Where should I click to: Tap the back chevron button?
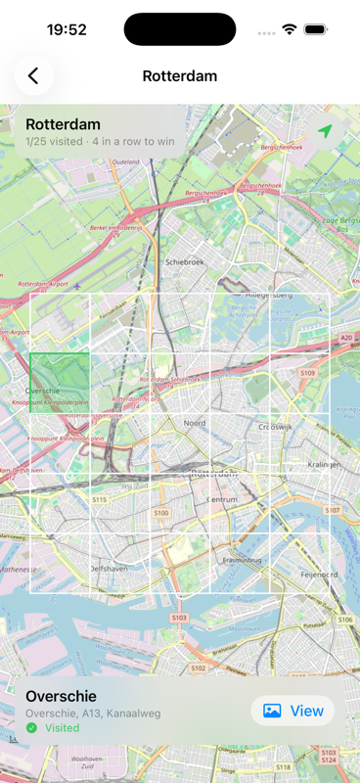click(34, 75)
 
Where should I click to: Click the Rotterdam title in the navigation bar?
click(180, 75)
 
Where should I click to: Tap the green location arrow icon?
click(325, 132)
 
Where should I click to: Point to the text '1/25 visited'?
click(56, 142)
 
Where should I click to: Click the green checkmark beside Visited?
click(32, 728)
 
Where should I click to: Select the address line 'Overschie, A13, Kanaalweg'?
click(92, 714)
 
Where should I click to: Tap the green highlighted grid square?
click(60, 383)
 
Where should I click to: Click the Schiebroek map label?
click(185, 262)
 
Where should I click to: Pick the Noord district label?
click(195, 423)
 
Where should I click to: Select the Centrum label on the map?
click(223, 499)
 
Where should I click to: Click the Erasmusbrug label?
click(246, 562)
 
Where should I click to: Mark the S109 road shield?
click(307, 373)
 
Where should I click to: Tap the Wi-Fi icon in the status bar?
click(290, 29)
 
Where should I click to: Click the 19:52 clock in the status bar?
click(67, 29)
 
